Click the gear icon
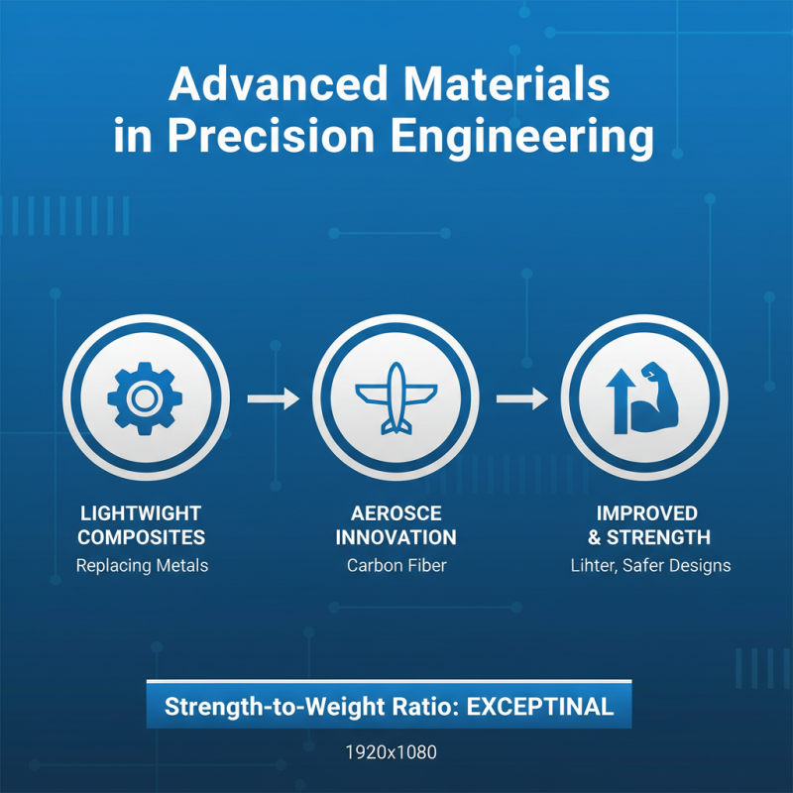[145, 398]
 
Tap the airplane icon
[396, 398]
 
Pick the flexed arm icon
[660, 396]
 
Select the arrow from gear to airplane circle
[272, 398]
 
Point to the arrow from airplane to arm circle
[521, 398]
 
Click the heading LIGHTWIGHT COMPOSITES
[141, 525]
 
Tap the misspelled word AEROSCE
[396, 513]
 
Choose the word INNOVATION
[396, 538]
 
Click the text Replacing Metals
[141, 566]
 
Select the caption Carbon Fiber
[396, 566]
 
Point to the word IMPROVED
[646, 513]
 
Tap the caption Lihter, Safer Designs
[650, 566]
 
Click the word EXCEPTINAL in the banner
[539, 708]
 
